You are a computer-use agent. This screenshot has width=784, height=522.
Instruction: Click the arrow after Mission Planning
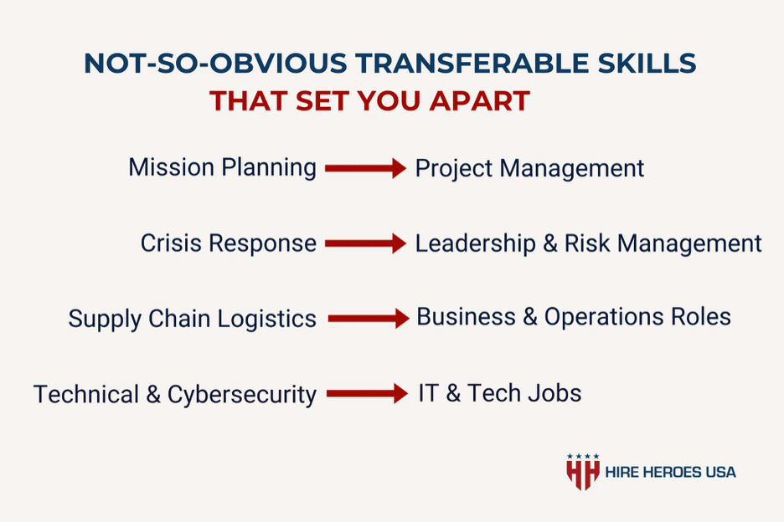tap(365, 168)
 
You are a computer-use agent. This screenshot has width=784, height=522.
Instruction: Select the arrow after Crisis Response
tap(365, 243)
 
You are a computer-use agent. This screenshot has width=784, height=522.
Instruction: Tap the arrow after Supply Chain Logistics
tap(369, 319)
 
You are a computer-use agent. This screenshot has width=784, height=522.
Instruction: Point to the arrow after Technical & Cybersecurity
tap(367, 394)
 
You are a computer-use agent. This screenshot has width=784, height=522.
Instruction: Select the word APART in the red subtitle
tap(479, 101)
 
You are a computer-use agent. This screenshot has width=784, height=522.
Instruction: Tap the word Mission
tap(172, 167)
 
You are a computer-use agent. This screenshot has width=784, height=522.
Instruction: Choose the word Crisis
tap(171, 243)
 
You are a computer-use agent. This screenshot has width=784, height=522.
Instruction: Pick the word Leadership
tap(475, 243)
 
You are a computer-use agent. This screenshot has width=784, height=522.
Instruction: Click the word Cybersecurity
tap(241, 395)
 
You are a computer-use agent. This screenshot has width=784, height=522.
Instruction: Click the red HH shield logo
tap(582, 472)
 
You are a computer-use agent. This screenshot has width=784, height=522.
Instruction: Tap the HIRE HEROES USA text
tap(670, 472)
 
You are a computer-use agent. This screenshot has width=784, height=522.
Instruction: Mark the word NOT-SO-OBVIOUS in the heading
tap(215, 64)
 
